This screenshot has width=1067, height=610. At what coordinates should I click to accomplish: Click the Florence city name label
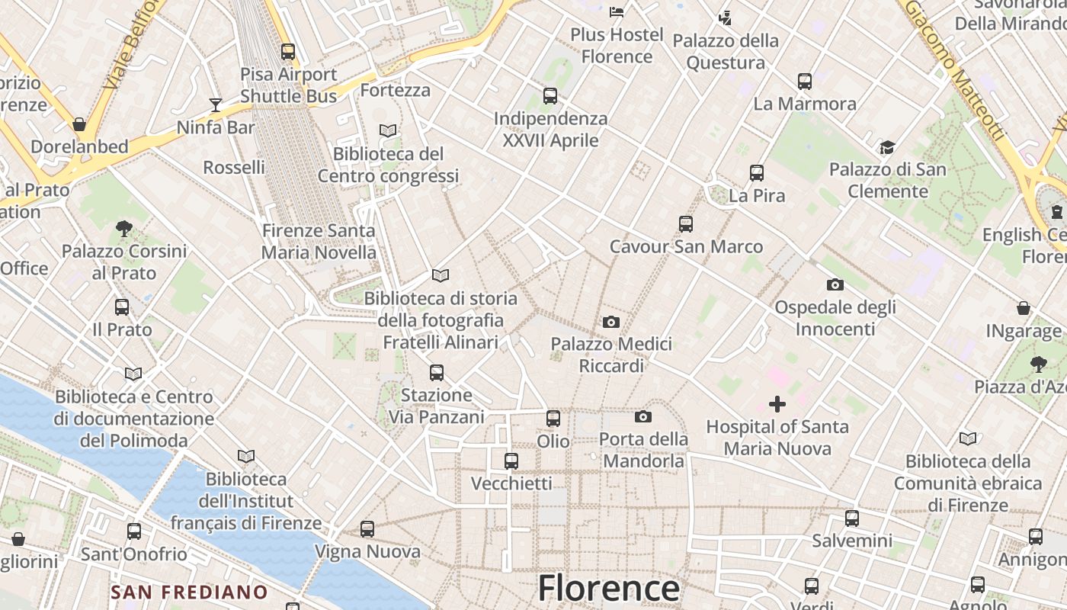(x=608, y=589)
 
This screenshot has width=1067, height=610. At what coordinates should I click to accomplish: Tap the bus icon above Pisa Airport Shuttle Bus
(x=287, y=52)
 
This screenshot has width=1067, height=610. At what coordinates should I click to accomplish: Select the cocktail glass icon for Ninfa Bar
(x=216, y=104)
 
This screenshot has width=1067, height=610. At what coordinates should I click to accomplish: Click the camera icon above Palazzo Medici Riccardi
(x=610, y=322)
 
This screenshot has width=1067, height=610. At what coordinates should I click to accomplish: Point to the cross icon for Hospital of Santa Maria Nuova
(x=777, y=403)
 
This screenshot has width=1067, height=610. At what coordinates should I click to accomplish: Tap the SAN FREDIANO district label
(x=189, y=592)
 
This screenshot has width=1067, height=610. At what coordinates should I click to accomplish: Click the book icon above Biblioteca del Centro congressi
(x=388, y=130)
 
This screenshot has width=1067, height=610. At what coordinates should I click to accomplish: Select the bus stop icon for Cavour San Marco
(x=686, y=224)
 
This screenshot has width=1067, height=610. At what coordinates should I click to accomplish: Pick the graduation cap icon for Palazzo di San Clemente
(x=887, y=147)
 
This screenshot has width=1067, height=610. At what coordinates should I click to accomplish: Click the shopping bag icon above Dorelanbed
(x=79, y=124)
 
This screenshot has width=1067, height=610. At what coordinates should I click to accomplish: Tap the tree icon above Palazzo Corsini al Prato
(x=123, y=228)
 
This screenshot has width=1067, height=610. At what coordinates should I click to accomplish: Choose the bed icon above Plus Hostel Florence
(x=617, y=11)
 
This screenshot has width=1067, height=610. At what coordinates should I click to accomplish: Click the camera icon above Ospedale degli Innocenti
(x=835, y=284)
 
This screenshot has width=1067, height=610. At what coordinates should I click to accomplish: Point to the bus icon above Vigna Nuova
(x=367, y=528)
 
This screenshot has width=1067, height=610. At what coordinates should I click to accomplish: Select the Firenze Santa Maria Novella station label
(x=319, y=241)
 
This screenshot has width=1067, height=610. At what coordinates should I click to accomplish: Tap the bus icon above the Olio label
(x=553, y=418)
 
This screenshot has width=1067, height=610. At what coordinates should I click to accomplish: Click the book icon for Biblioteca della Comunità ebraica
(x=967, y=438)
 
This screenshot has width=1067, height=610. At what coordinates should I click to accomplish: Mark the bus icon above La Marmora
(x=804, y=81)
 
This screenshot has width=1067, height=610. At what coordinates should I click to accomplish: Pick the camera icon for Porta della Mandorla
(x=642, y=416)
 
